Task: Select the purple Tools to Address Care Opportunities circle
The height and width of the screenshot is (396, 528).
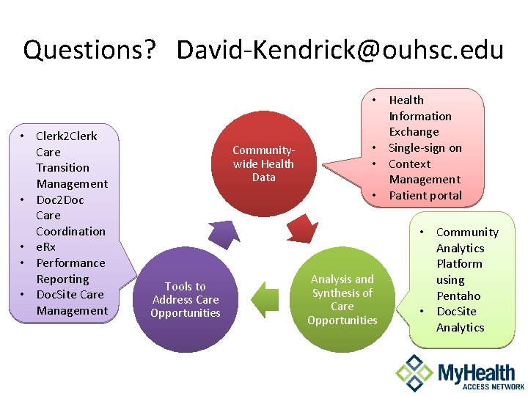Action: pyautogui.click(x=186, y=300)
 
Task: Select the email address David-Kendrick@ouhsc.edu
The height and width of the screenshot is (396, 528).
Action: pyautogui.click(x=340, y=50)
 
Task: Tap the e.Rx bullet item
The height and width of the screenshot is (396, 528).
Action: pyautogui.click(x=45, y=247)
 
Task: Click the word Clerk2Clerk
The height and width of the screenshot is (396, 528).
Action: pyautogui.click(x=66, y=136)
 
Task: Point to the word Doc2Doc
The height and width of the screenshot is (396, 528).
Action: pyautogui.click(x=60, y=199)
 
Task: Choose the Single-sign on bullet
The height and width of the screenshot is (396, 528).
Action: pyautogui.click(x=425, y=147)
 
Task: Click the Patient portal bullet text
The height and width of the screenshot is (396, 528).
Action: pyautogui.click(x=425, y=195)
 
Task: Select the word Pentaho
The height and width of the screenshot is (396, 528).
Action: pyautogui.click(x=458, y=296)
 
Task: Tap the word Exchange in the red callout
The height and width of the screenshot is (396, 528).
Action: pyautogui.click(x=414, y=132)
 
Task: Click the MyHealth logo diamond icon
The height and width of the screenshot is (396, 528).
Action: pyautogui.click(x=414, y=373)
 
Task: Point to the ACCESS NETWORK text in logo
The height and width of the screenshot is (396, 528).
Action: pyautogui.click(x=482, y=386)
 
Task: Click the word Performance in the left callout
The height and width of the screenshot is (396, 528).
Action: pyautogui.click(x=70, y=263)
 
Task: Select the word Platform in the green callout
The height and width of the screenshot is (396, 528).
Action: pyautogui.click(x=459, y=264)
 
